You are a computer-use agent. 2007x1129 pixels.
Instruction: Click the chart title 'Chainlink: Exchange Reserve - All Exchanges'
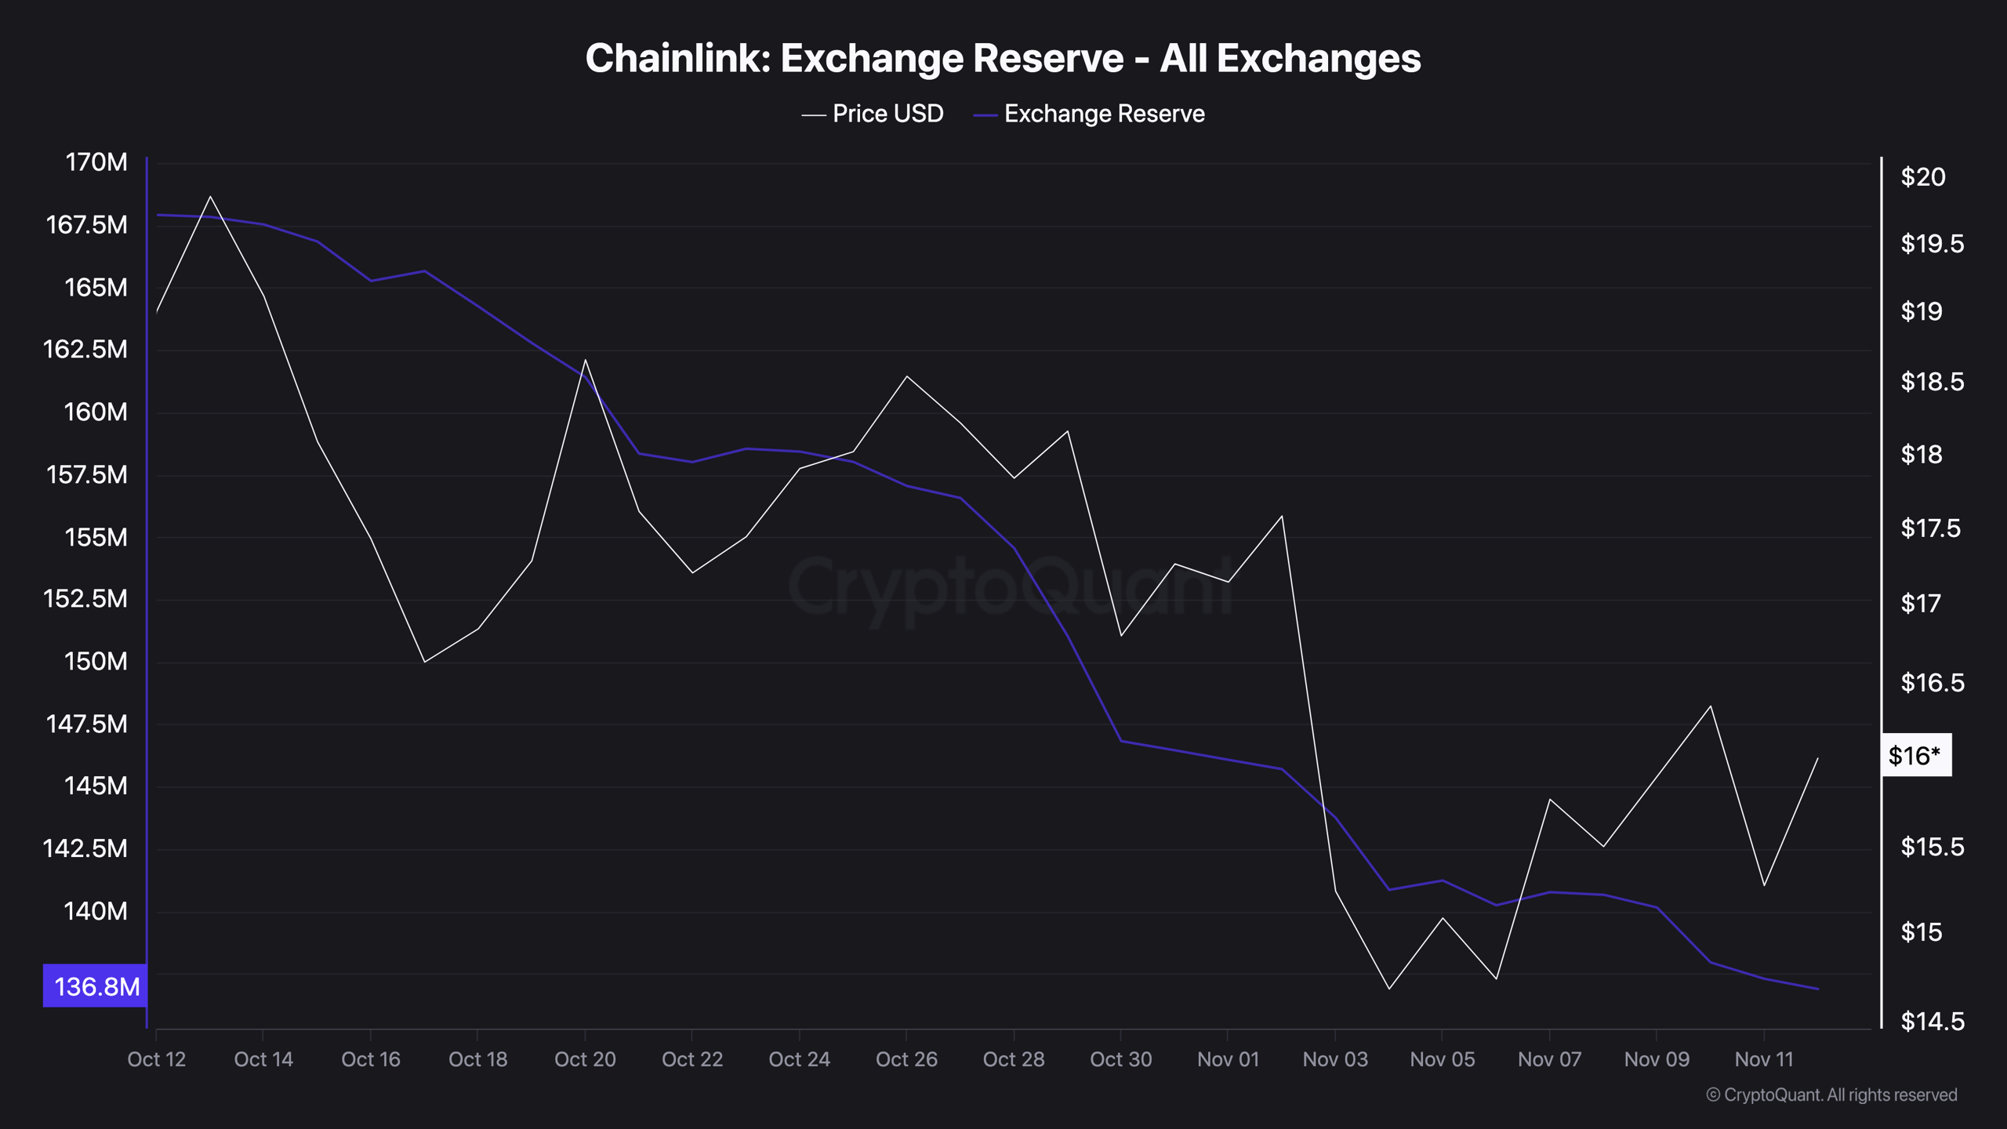1003,59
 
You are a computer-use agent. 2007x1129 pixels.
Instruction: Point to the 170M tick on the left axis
96,162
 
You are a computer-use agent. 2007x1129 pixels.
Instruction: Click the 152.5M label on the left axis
85,599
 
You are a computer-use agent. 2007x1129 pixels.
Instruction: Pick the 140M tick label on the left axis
95,911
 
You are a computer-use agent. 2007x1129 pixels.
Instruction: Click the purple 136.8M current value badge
96,986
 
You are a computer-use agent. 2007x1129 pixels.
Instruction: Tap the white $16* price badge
1915,756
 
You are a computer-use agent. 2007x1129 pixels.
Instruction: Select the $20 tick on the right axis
1922,177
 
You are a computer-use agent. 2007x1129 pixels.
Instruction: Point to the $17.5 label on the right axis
1932,528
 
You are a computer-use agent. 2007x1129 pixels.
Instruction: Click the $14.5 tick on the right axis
1932,1022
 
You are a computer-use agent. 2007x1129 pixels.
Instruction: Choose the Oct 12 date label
156,1060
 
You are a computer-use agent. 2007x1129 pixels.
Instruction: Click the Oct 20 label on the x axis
585,1060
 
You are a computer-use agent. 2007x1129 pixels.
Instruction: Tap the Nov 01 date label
1228,1060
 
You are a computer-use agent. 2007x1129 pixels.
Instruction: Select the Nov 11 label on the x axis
1763,1060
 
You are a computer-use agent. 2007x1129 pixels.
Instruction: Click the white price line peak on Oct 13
210,196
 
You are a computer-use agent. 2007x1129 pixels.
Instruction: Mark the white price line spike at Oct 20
586,360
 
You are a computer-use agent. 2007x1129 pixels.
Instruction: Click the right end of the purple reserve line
1817,989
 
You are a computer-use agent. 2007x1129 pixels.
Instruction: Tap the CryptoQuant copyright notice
1831,1095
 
